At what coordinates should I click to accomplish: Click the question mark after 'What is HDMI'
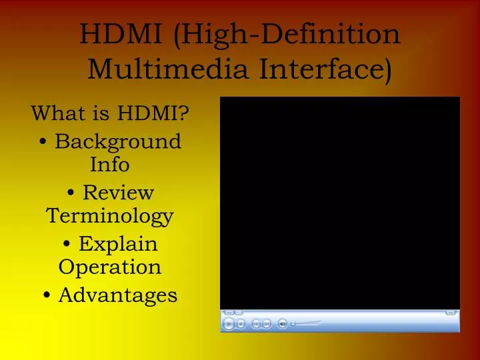(183, 113)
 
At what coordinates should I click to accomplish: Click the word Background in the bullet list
(118, 142)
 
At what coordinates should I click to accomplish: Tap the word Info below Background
(109, 164)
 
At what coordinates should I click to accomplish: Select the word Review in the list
(118, 193)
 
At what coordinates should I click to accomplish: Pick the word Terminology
(110, 216)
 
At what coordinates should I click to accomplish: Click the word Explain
(118, 244)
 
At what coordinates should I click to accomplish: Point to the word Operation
(110, 267)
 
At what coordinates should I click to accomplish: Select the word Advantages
(118, 295)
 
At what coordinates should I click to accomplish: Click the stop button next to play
(241, 324)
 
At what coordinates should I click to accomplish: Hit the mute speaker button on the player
(282, 324)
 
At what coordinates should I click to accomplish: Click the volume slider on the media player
(307, 324)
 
